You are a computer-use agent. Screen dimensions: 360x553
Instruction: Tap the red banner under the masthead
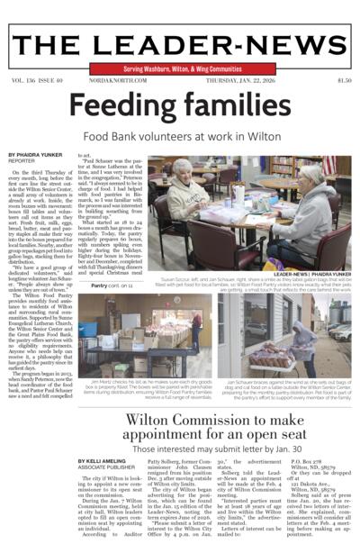(x=180, y=68)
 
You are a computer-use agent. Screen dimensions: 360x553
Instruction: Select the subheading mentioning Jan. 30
(x=180, y=447)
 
